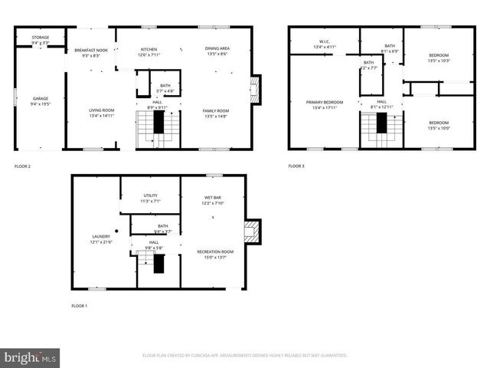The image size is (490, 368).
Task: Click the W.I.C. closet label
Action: pos(323,44)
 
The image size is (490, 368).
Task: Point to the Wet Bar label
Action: pos(212,200)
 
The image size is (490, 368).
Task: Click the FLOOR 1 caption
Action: pos(80,306)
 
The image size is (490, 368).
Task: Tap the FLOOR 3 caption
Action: pos(296,166)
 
